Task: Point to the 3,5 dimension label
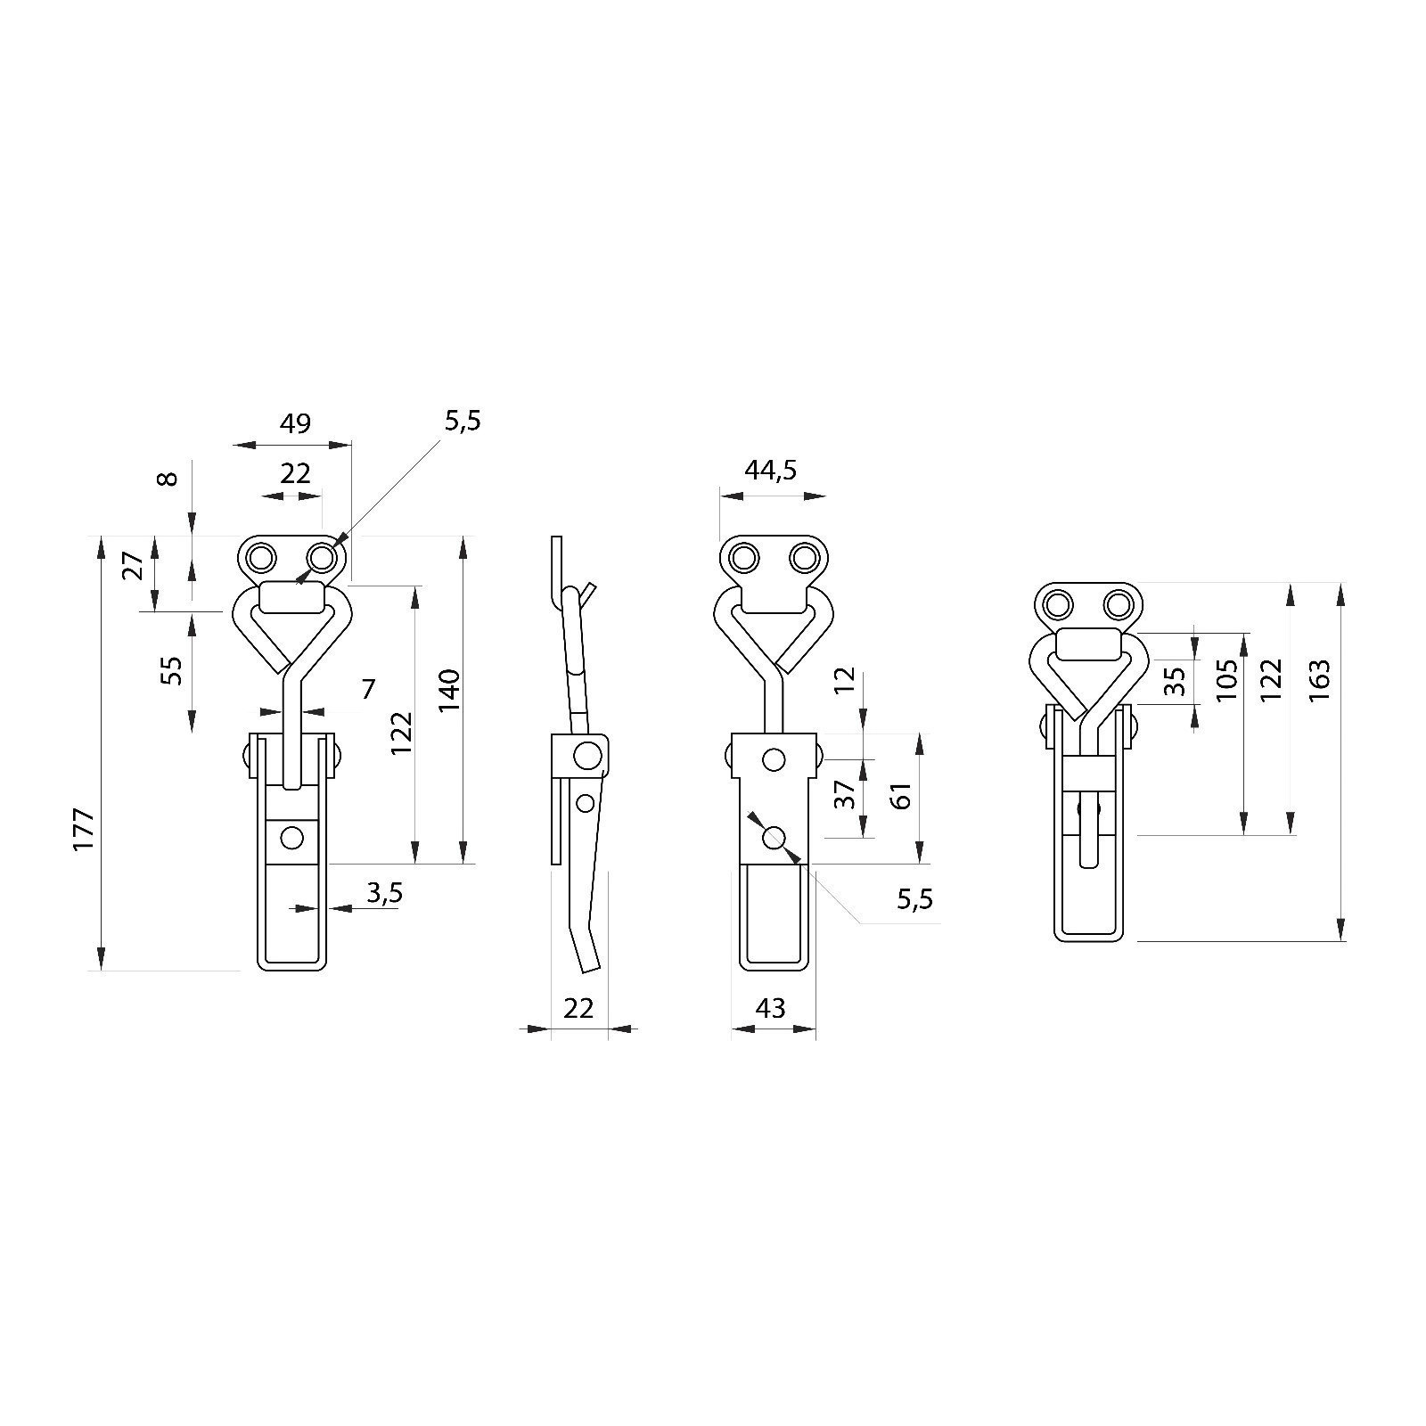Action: [x=384, y=893]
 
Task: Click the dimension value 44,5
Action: [x=771, y=471]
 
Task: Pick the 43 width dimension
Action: [x=770, y=1008]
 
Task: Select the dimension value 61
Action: [x=901, y=795]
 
